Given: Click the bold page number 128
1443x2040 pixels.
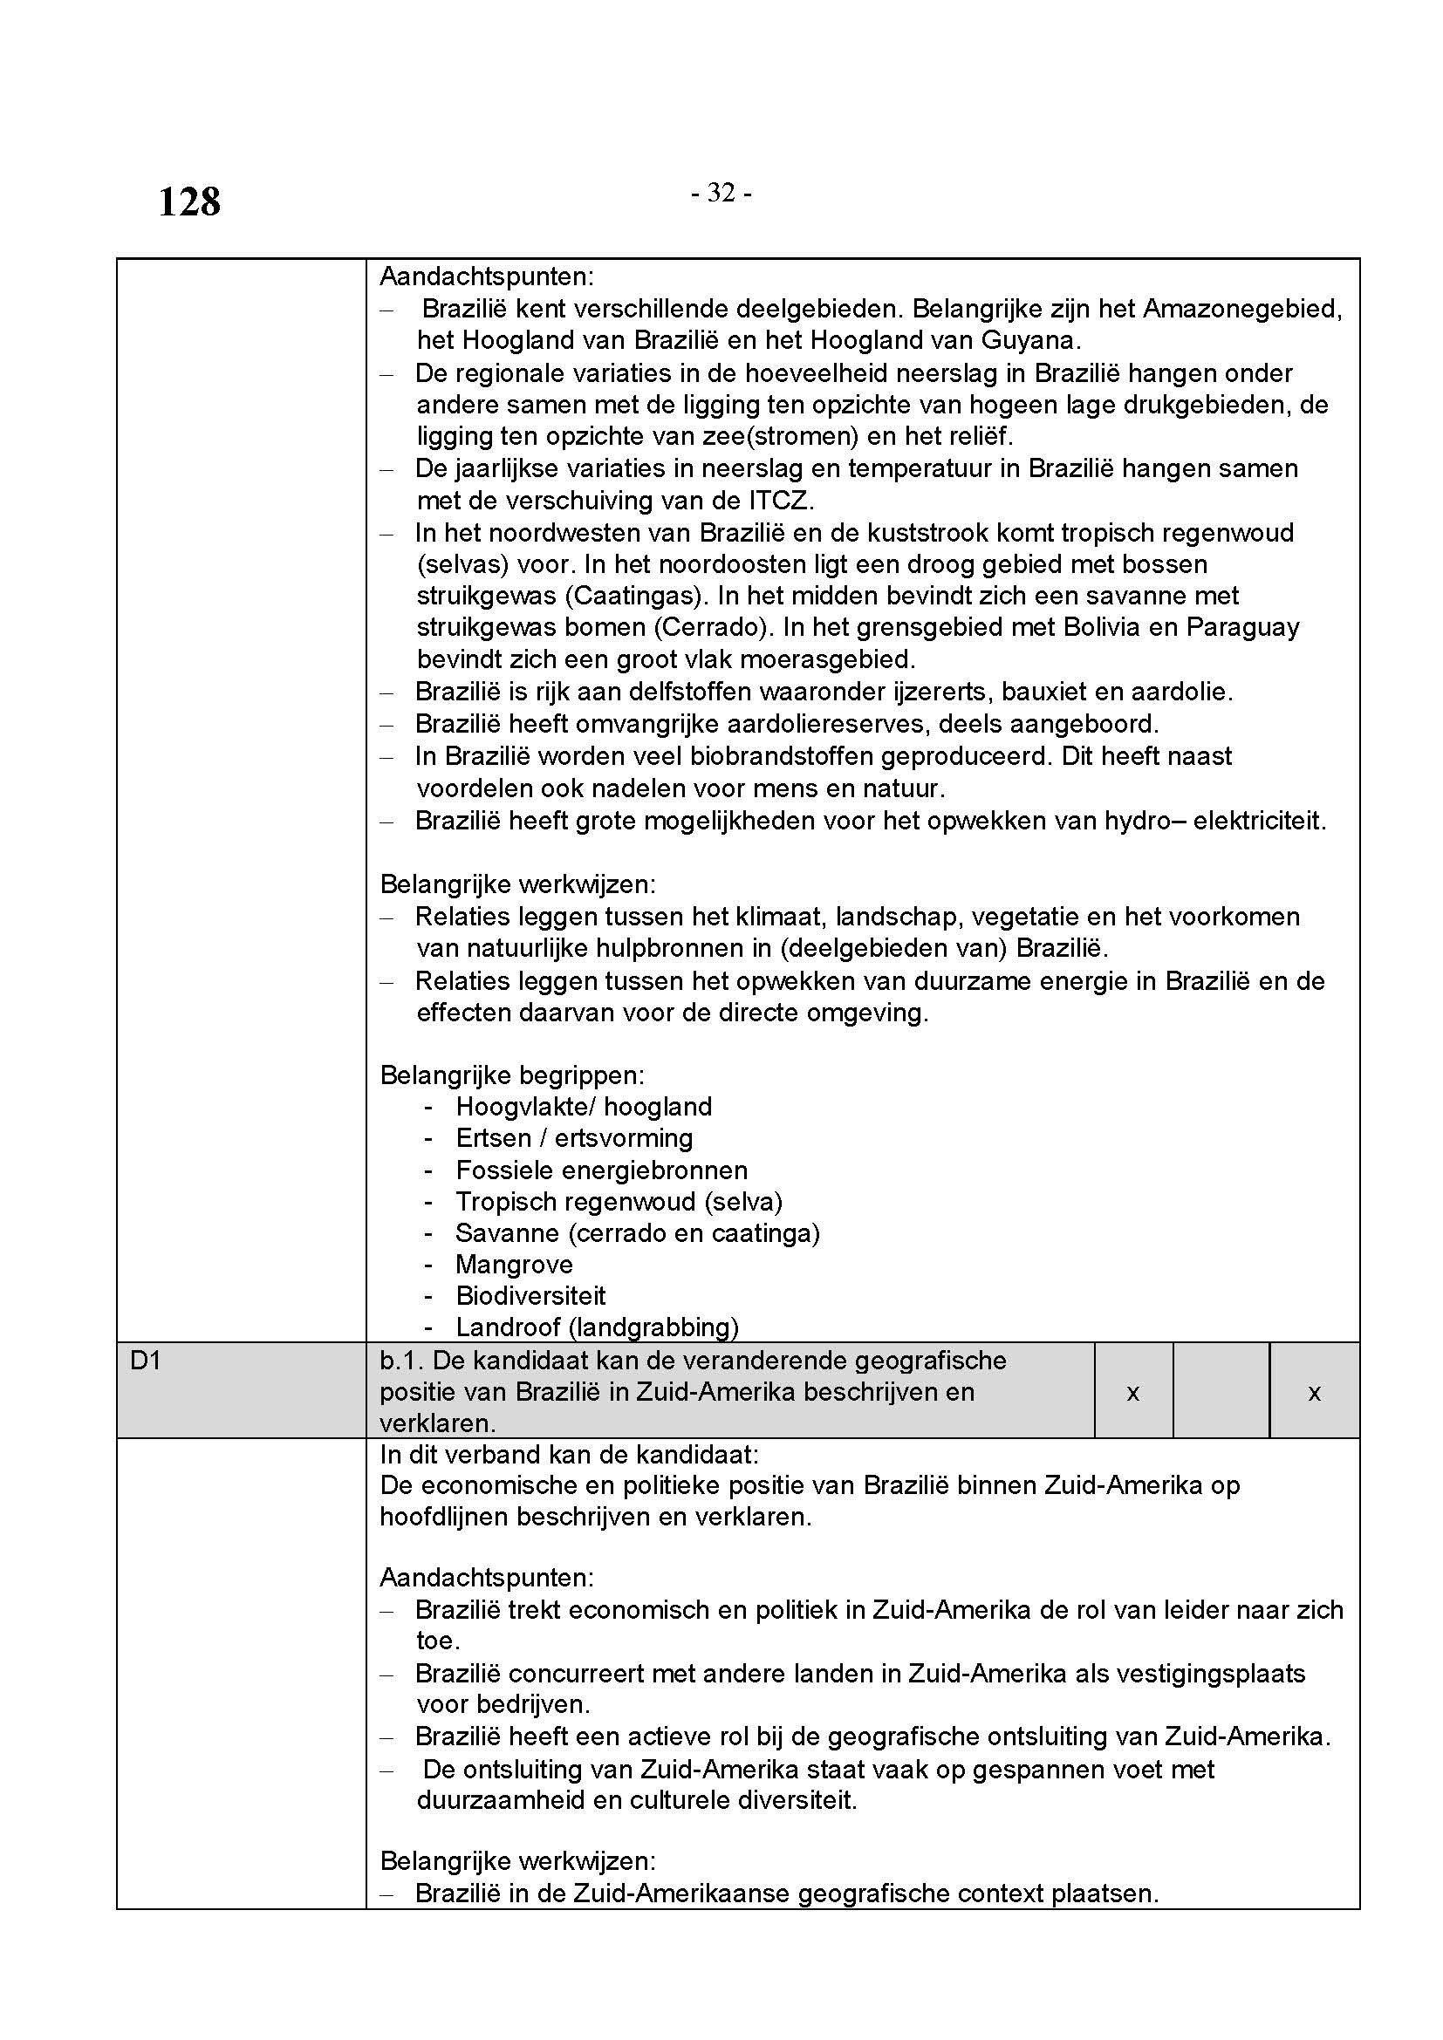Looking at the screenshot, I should [x=189, y=202].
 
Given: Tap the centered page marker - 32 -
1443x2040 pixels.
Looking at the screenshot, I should [x=721, y=193].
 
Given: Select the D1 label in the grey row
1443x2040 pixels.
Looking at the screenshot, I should [x=147, y=1361].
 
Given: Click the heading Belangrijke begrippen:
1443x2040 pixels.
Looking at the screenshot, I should [x=512, y=1075].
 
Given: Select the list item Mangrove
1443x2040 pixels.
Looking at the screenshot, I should [x=514, y=1265].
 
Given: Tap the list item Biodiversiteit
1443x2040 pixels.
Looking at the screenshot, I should [x=530, y=1295].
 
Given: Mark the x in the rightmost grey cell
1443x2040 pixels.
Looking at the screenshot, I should [x=1314, y=1392].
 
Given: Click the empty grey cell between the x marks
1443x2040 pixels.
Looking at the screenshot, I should [x=1221, y=1392].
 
